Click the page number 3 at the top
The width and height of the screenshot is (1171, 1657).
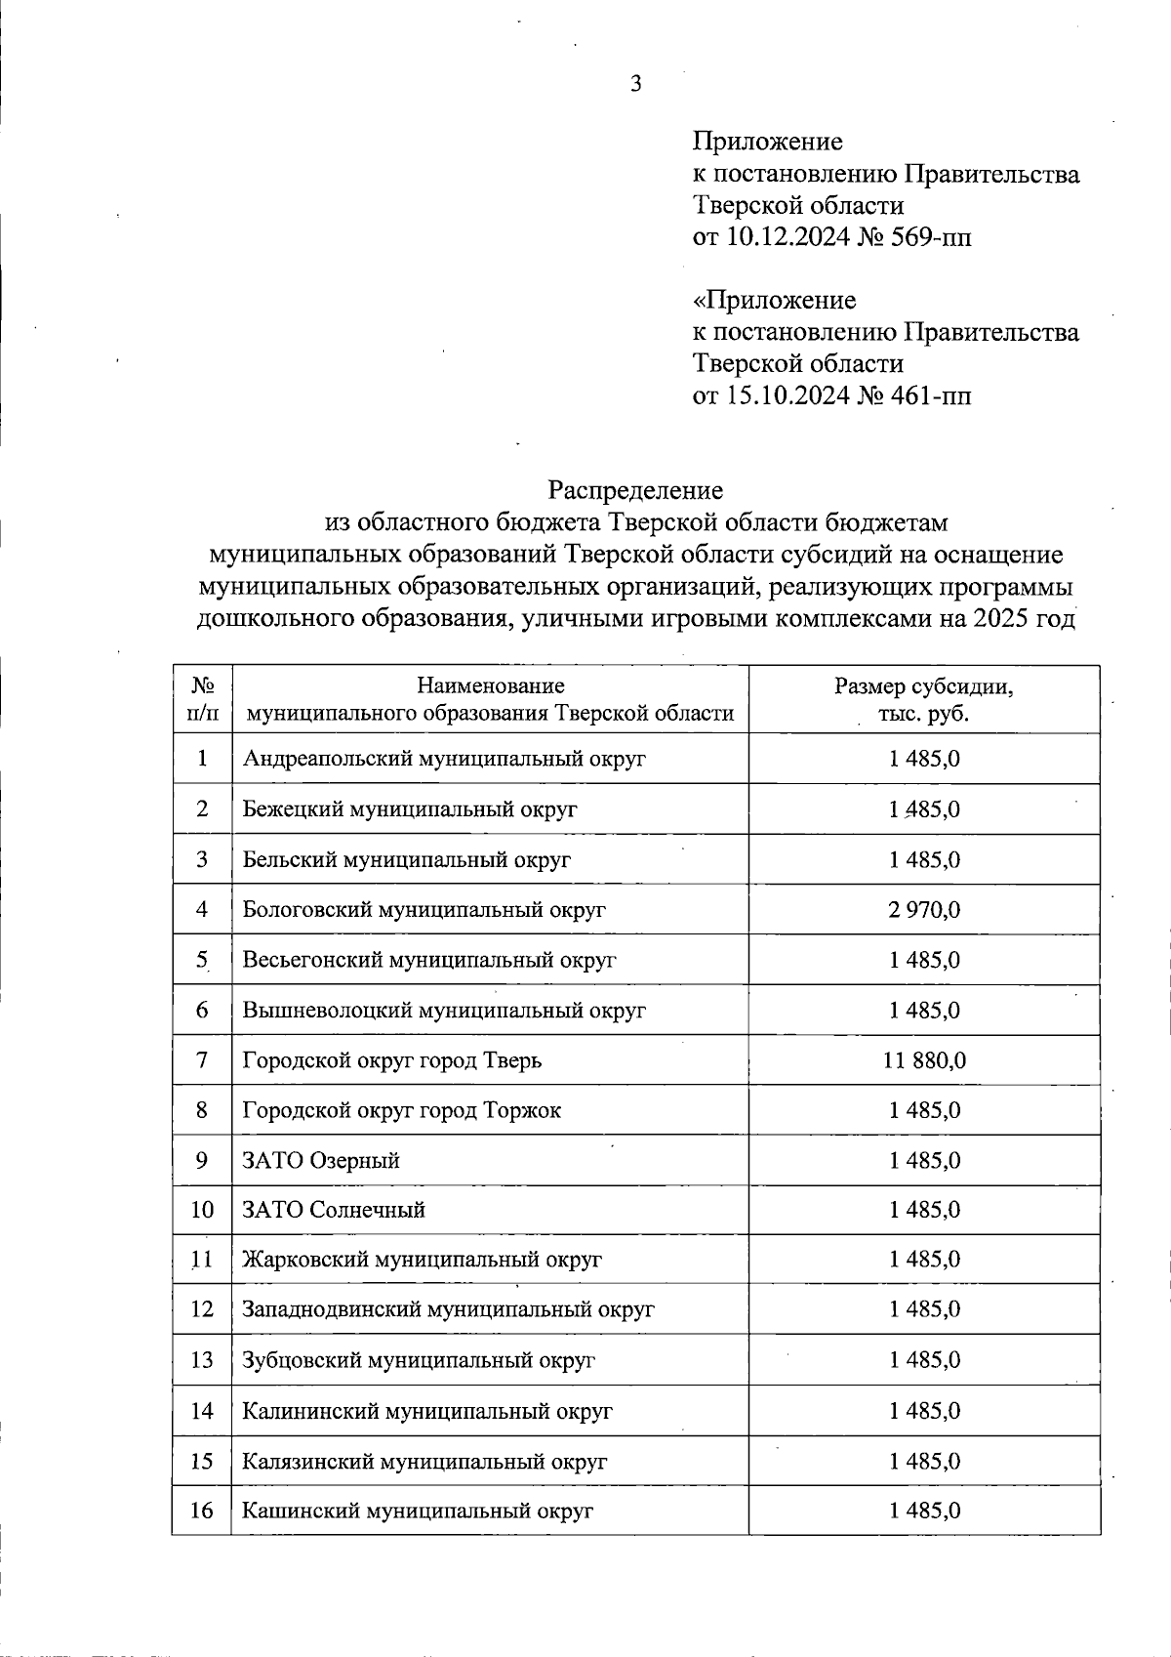636,84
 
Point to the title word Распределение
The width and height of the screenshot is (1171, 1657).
635,488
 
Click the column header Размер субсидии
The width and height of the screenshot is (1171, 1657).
923,686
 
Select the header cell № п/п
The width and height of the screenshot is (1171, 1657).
202,699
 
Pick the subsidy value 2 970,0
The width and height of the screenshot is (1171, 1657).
924,909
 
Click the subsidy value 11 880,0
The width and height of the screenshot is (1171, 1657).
924,1060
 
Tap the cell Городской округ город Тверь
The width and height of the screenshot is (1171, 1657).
391,1060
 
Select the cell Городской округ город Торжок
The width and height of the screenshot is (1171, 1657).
401,1110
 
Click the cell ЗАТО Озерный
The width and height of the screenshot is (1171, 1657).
321,1161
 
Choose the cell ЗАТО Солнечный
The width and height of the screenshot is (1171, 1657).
334,1210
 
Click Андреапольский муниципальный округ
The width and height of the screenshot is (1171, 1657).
444,759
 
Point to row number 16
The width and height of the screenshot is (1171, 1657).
202,1511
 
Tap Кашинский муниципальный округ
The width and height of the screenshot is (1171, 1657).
418,1511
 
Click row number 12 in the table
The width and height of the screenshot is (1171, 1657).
202,1309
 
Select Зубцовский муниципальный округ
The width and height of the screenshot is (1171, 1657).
419,1360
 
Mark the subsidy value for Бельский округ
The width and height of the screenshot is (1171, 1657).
924,859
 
